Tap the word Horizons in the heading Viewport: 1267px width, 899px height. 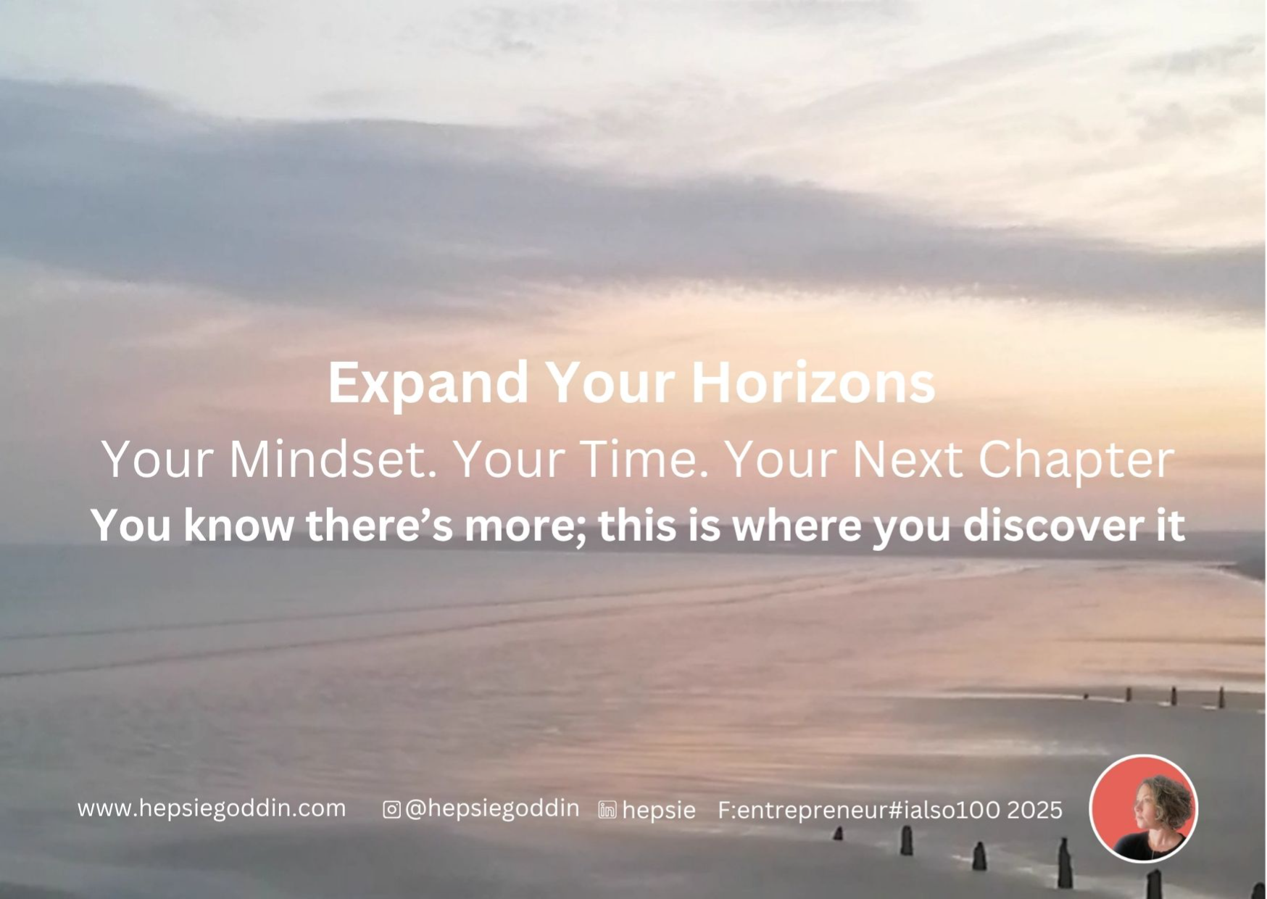[x=813, y=382]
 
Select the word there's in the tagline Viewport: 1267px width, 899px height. [x=380, y=525]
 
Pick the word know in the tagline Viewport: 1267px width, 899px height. [x=238, y=525]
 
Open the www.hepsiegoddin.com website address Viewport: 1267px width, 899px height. [x=212, y=808]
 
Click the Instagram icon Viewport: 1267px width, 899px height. [x=391, y=809]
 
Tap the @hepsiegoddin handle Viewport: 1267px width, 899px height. [x=492, y=809]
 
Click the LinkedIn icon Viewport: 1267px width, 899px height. [x=607, y=810]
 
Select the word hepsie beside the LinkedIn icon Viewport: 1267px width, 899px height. [x=659, y=811]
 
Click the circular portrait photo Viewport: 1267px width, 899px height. [x=1144, y=808]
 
